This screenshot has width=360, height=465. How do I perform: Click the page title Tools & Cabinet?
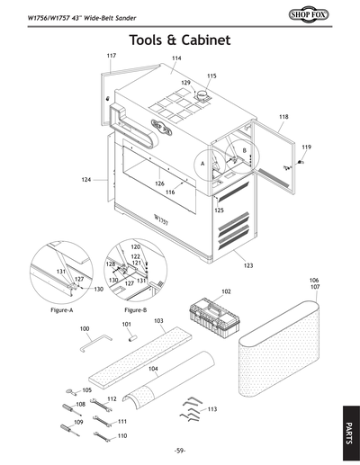(180, 40)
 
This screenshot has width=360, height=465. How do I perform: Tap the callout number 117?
(112, 56)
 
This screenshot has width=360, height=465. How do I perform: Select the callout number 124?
(86, 180)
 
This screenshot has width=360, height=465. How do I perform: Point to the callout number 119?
(306, 147)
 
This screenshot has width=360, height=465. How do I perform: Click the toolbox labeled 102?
(215, 315)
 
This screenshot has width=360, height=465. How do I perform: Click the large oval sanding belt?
(281, 351)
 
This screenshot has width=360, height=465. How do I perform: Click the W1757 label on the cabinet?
(162, 219)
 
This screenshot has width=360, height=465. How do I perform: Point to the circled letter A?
(203, 163)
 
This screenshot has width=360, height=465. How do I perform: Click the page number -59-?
(180, 450)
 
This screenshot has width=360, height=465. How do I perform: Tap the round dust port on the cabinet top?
(206, 95)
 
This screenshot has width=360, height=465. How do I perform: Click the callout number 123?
(247, 266)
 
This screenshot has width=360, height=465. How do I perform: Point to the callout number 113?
(211, 409)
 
